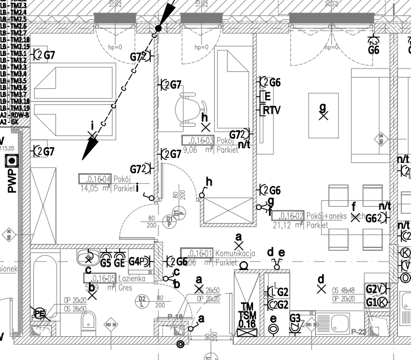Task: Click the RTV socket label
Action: [272, 110]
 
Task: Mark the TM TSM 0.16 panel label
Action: [247, 316]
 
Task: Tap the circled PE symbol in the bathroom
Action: [40, 314]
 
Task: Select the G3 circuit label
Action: [295, 319]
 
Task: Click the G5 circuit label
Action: [106, 263]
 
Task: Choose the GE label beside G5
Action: [119, 263]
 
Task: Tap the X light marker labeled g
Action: [323, 117]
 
